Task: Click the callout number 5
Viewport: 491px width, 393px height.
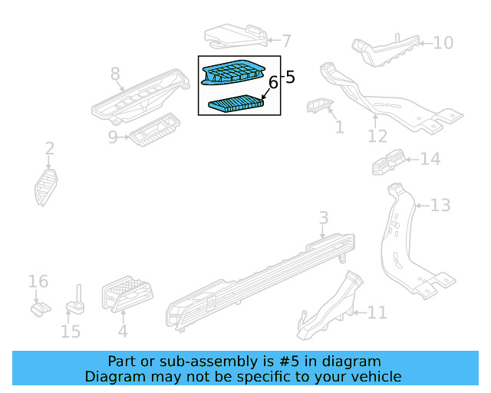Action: pyautogui.click(x=290, y=77)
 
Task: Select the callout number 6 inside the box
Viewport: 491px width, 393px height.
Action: pyautogui.click(x=272, y=83)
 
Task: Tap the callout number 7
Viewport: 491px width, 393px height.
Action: pyautogui.click(x=286, y=41)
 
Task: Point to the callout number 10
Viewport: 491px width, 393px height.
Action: pyautogui.click(x=443, y=42)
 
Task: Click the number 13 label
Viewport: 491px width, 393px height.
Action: pyautogui.click(x=440, y=205)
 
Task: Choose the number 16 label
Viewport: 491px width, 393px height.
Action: pyautogui.click(x=38, y=282)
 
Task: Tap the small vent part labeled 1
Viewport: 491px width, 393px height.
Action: pyautogui.click(x=317, y=107)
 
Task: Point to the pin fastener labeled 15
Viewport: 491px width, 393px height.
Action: pyautogui.click(x=77, y=303)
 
